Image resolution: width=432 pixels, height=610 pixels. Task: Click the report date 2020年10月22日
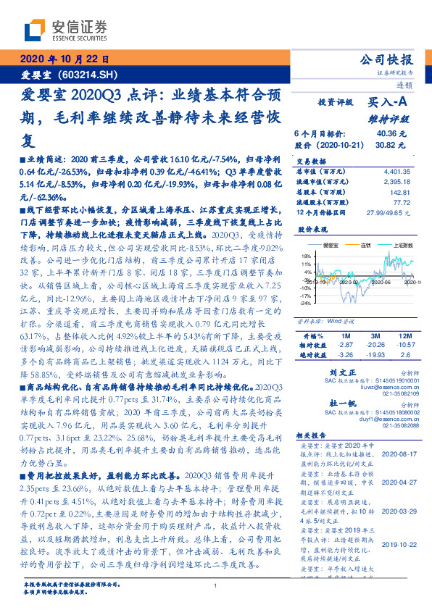pyautogui.click(x=63, y=59)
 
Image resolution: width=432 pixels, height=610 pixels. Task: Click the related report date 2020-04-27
pyautogui.click(x=399, y=481)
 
